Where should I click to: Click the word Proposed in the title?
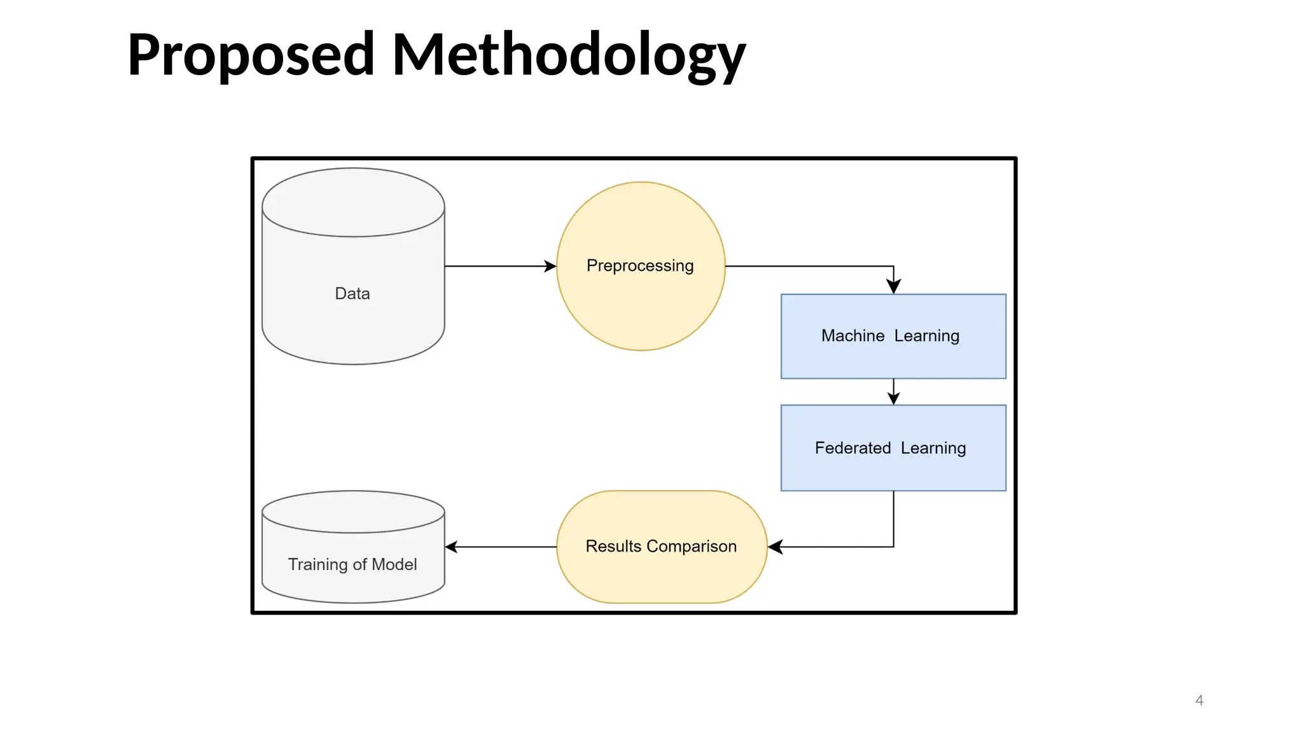pos(251,56)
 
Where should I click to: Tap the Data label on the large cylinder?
pos(352,293)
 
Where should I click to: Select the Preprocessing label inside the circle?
pos(640,265)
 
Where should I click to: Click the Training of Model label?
pos(352,564)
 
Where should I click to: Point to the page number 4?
pos(1199,701)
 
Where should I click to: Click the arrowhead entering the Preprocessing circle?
pos(550,266)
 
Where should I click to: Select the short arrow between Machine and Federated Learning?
pos(893,391)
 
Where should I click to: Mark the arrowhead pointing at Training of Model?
pos(452,547)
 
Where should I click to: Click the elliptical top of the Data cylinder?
pos(353,202)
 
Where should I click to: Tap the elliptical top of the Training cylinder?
pos(353,512)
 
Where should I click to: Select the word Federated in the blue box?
pos(853,448)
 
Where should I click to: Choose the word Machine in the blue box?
pos(853,335)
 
